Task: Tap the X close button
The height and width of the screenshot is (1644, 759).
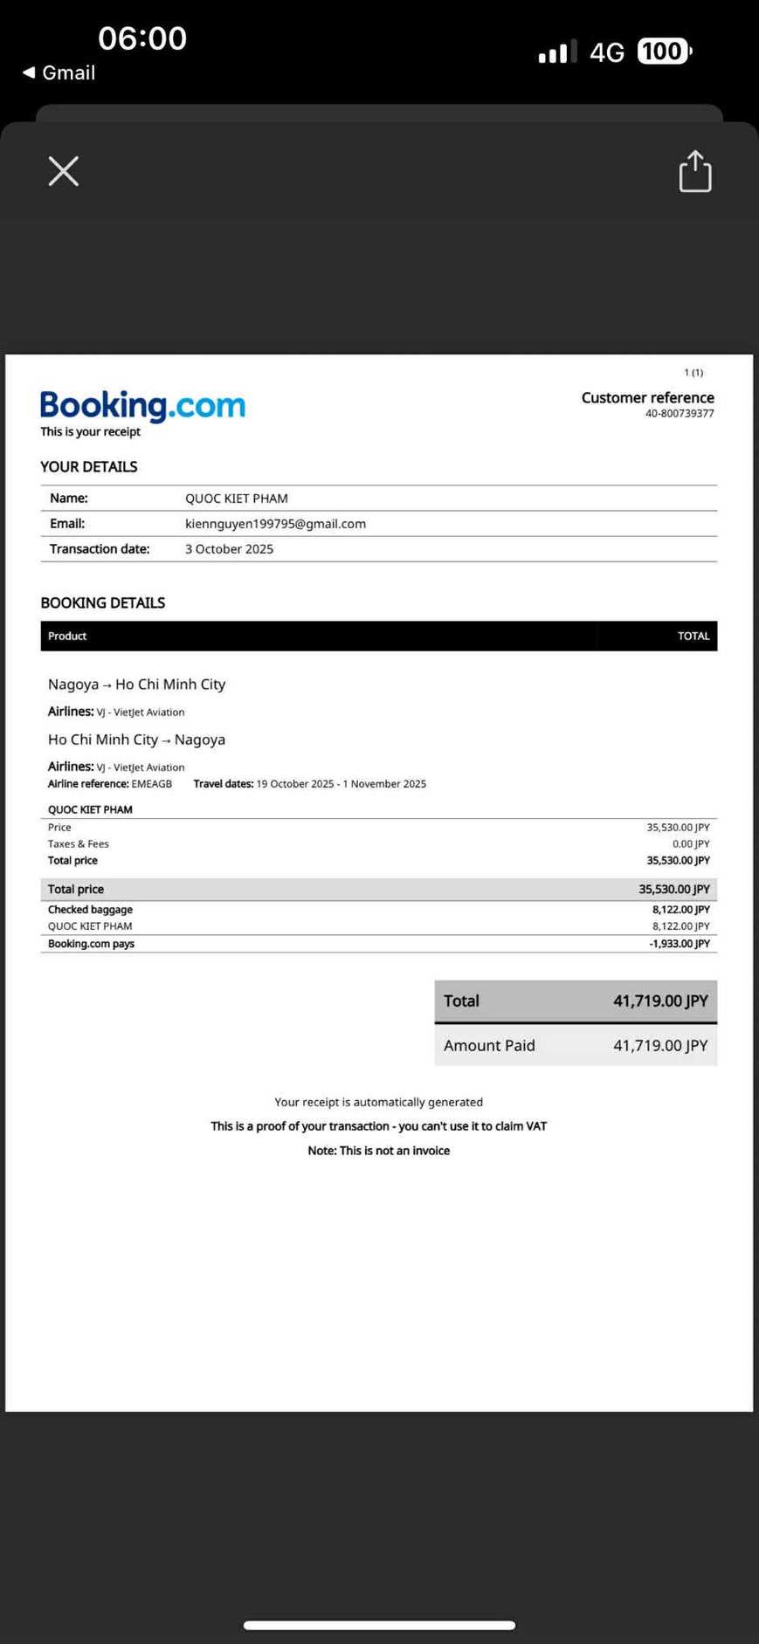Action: (x=64, y=171)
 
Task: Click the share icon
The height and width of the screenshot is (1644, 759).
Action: (x=695, y=171)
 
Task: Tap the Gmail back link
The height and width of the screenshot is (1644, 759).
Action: (x=59, y=72)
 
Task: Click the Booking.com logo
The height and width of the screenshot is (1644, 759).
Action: (x=142, y=406)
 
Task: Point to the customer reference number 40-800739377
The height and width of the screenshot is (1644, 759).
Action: (x=680, y=414)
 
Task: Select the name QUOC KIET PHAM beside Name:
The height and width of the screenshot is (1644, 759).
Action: (x=236, y=499)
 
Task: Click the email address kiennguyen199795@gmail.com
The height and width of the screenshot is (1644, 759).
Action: (x=275, y=524)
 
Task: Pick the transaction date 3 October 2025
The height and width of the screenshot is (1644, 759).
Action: (x=229, y=549)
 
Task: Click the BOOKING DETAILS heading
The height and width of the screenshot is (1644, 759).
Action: (x=102, y=602)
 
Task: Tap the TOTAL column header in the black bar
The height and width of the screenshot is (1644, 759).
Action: (x=693, y=636)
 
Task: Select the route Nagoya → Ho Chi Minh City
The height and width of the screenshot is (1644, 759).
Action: (x=136, y=684)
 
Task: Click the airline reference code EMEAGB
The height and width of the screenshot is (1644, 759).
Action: (x=152, y=784)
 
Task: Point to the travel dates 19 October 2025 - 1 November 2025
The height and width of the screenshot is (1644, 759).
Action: (x=341, y=784)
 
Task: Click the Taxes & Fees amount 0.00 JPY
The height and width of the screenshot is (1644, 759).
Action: (x=690, y=844)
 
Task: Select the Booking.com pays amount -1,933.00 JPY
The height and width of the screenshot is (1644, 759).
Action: (x=679, y=944)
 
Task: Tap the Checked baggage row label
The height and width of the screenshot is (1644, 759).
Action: (x=90, y=910)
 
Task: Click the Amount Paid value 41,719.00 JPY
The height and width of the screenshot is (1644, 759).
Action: (x=659, y=1045)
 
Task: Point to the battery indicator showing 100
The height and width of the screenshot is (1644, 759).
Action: (x=663, y=52)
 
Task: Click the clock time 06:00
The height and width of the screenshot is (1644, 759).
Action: (x=142, y=38)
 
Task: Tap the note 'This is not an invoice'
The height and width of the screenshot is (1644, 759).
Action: (x=378, y=1151)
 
